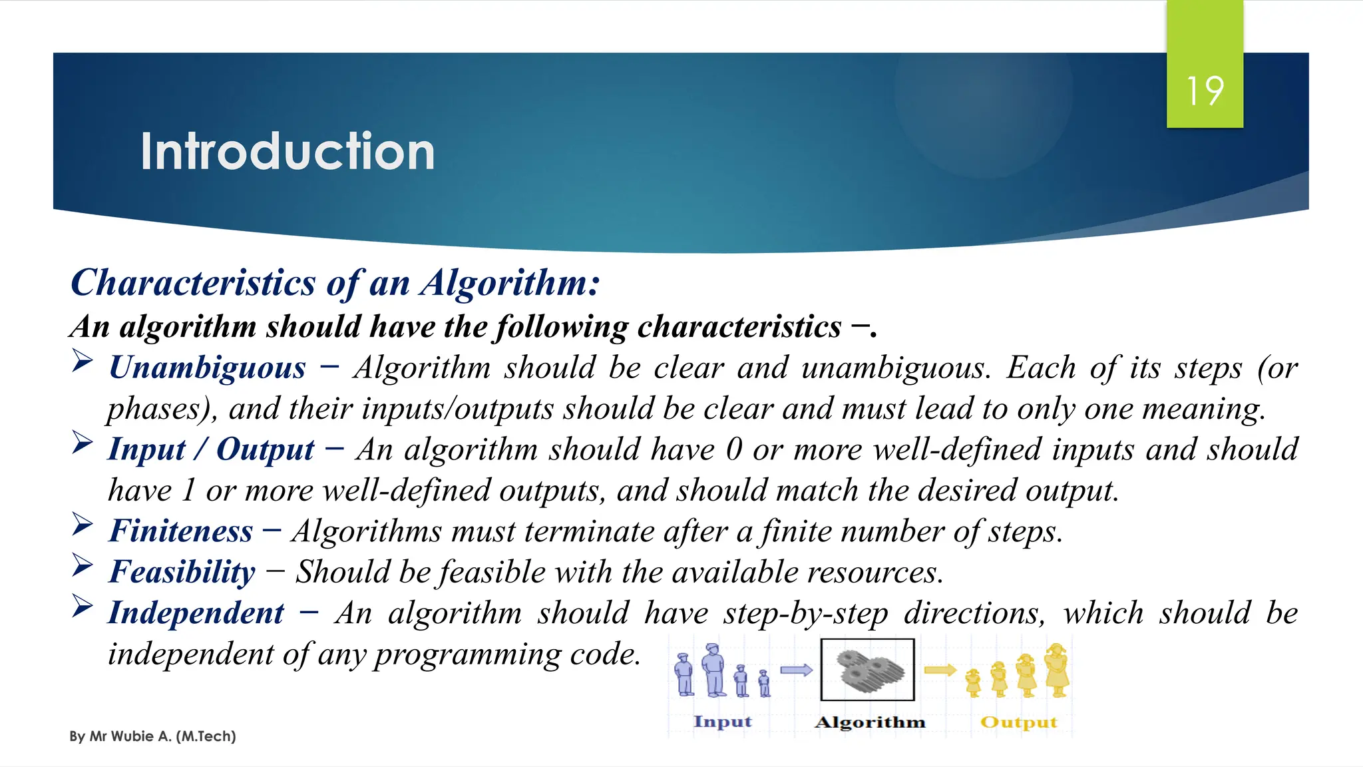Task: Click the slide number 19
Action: point(1205,91)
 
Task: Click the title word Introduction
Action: point(288,152)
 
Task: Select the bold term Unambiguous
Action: point(207,368)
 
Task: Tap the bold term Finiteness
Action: point(181,531)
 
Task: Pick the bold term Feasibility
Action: point(182,572)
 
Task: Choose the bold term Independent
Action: point(196,613)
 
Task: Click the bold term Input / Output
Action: point(211,449)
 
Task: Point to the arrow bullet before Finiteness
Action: point(83,525)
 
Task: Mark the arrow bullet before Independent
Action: point(83,607)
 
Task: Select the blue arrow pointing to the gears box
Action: point(796,670)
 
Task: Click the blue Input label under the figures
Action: point(722,722)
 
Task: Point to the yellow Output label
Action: point(1018,722)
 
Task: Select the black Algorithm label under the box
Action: point(870,722)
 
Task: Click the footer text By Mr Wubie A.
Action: point(152,736)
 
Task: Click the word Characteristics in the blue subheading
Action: point(193,283)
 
